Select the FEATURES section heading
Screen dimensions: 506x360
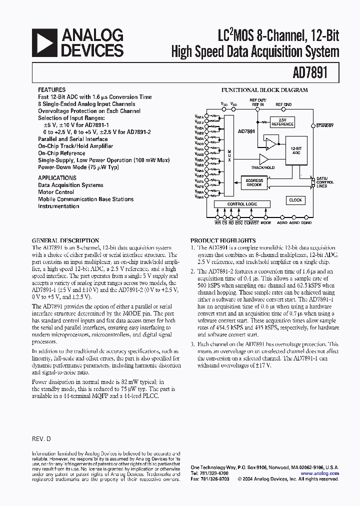point(51,90)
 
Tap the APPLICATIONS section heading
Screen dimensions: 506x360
point(57,178)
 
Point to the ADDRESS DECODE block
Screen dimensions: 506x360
point(254,182)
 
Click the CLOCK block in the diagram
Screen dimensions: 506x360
point(295,200)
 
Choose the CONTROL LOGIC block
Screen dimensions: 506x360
point(242,204)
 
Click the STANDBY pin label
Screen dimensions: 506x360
point(325,125)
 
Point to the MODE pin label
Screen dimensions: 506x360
point(265,223)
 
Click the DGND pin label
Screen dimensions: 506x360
point(306,223)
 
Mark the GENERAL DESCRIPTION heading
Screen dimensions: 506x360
point(65,240)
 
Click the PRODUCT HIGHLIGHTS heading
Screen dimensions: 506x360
point(223,240)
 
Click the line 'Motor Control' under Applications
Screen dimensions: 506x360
point(56,192)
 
